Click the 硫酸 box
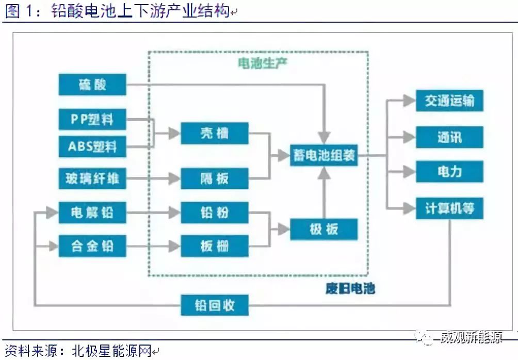[x=92, y=85]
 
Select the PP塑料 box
[x=92, y=120]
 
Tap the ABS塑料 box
[x=92, y=146]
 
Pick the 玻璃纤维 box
[x=92, y=179]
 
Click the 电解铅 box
[x=92, y=212]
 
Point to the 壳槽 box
[x=214, y=134]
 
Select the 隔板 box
[x=214, y=179]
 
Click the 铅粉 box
[x=214, y=212]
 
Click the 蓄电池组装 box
[x=323, y=155]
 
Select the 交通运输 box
[x=449, y=101]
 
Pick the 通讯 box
[x=449, y=137]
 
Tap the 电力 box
[x=449, y=171]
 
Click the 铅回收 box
[x=214, y=305]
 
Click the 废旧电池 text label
[x=350, y=288]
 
